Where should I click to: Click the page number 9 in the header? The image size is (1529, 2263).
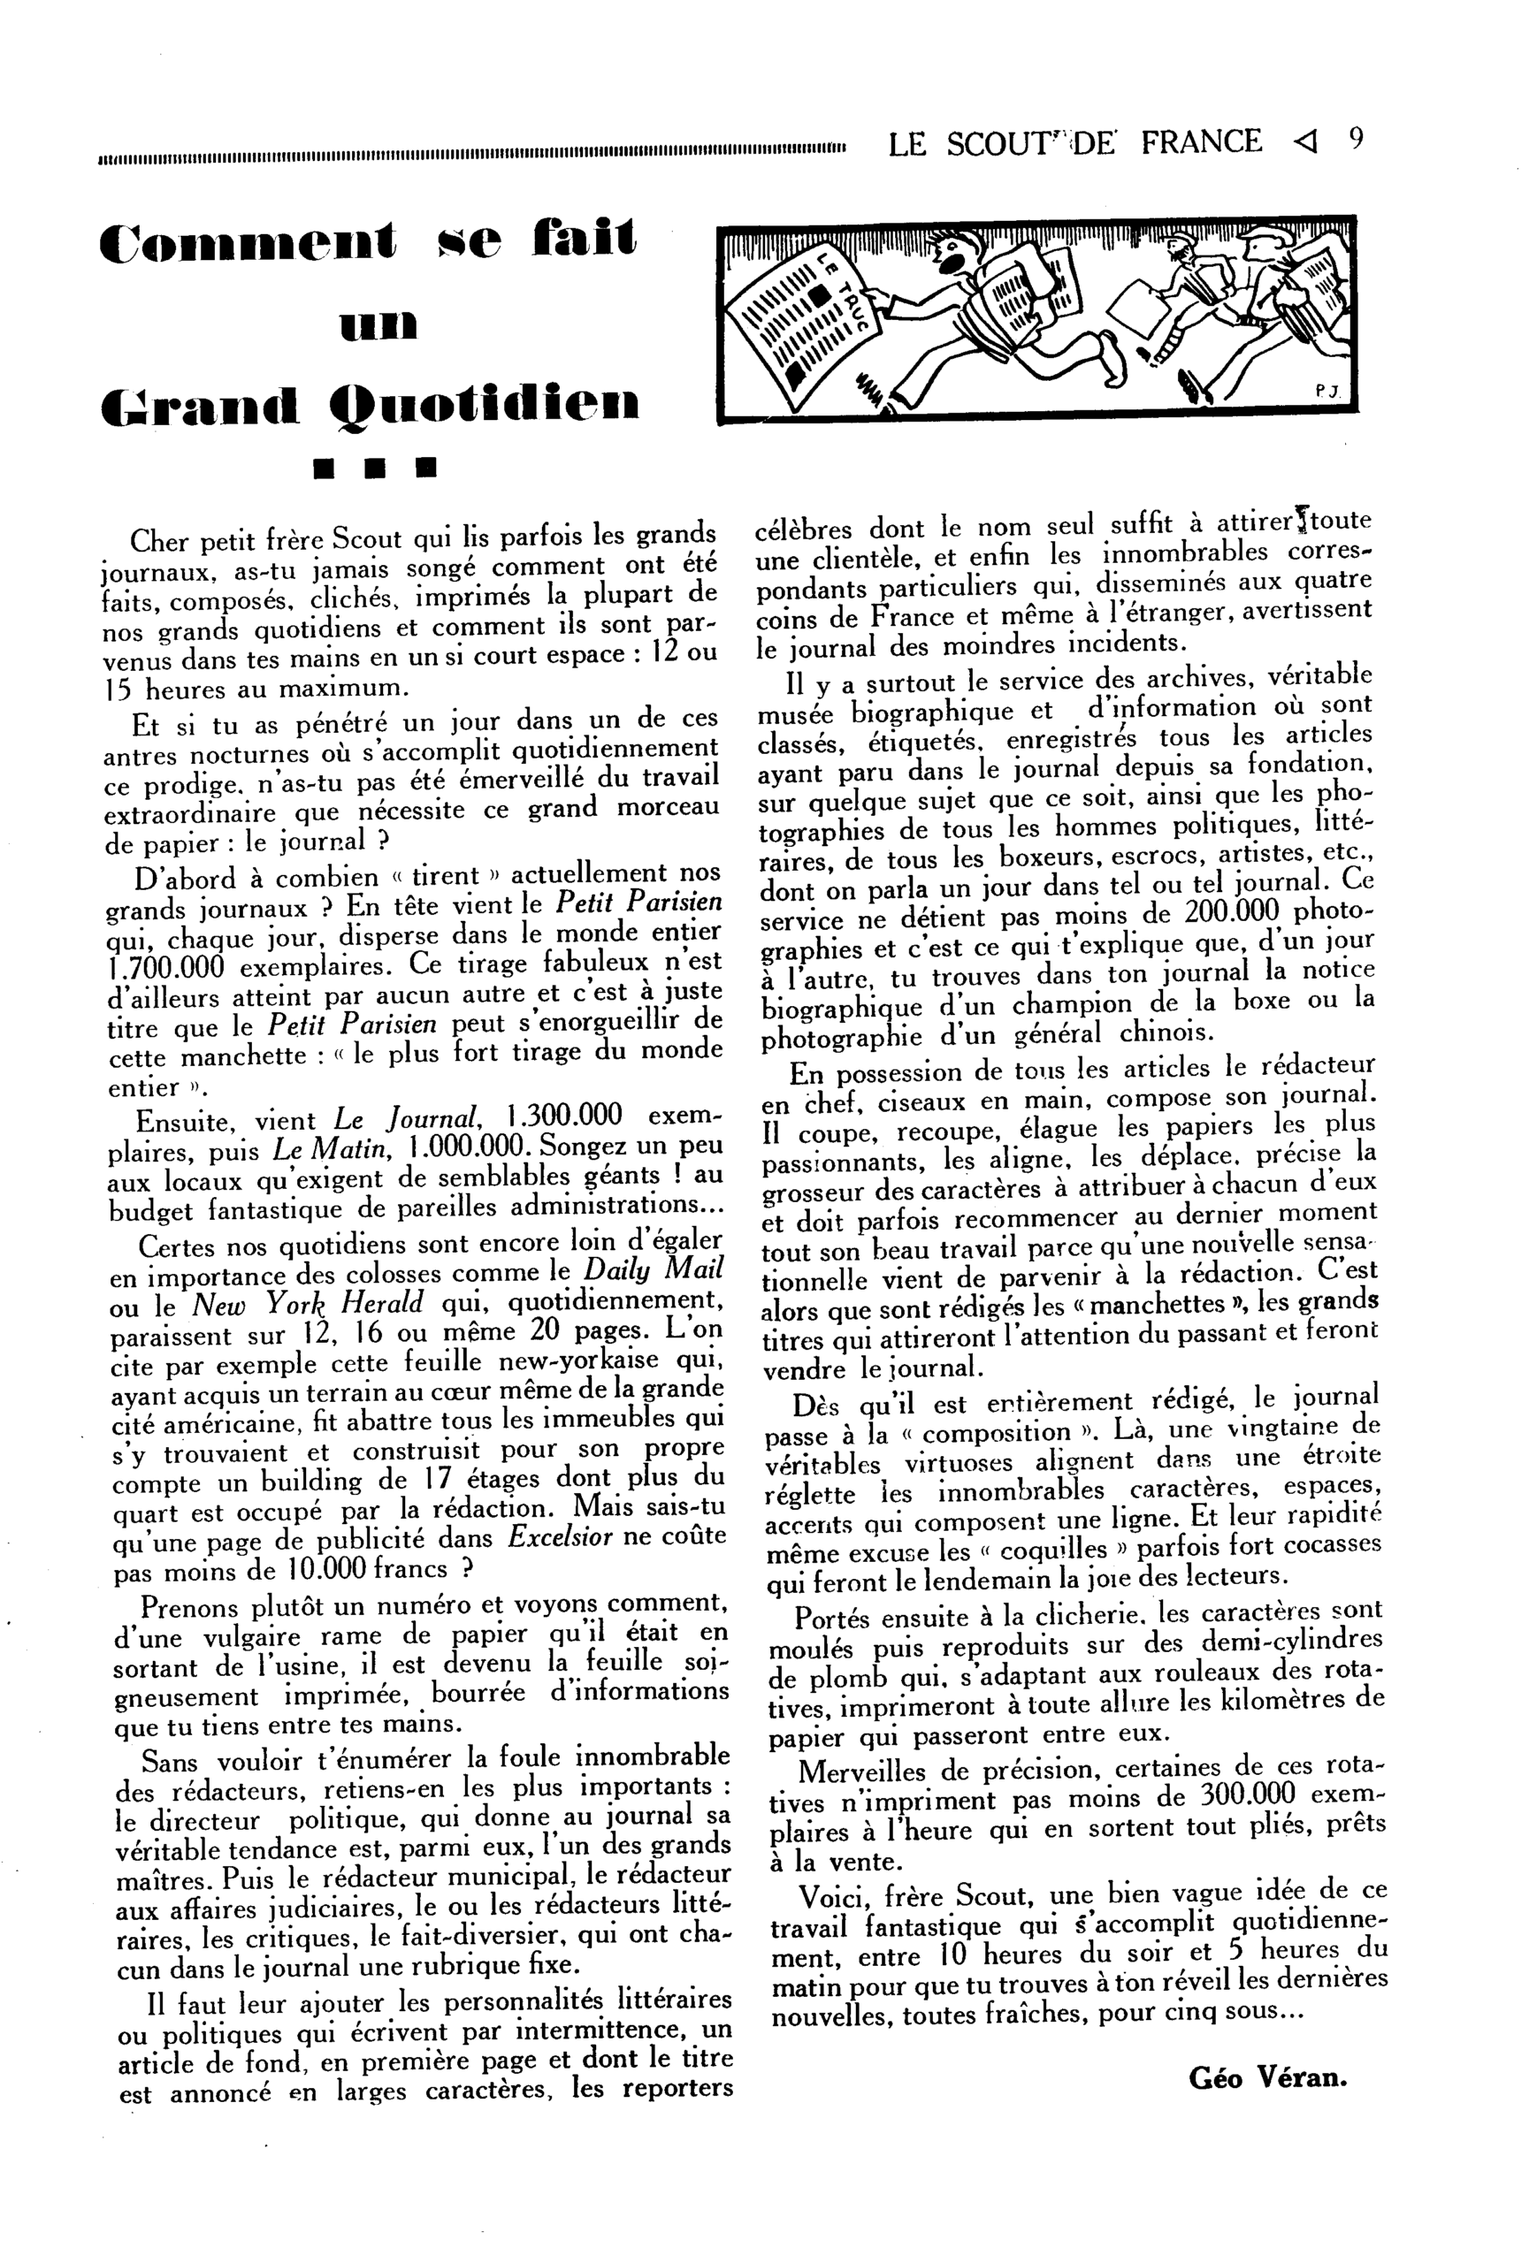(x=1357, y=141)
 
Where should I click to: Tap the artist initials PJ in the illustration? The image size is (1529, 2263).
(x=1327, y=392)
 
